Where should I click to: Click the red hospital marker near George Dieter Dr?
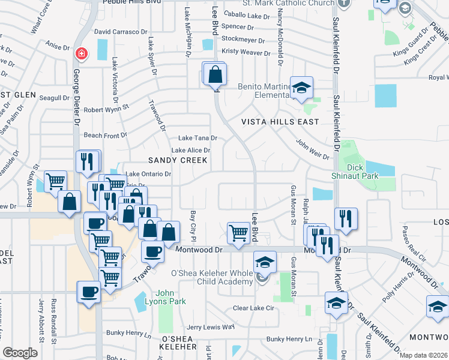pyautogui.click(x=80, y=54)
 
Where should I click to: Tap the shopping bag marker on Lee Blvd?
pyautogui.click(x=215, y=75)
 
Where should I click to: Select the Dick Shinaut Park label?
pyautogui.click(x=355, y=171)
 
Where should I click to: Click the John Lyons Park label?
pyautogui.click(x=170, y=298)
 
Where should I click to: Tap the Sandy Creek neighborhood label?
pyautogui.click(x=178, y=160)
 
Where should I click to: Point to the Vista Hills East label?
pyautogui.click(x=280, y=122)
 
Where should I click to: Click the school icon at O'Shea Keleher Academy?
pyautogui.click(x=265, y=262)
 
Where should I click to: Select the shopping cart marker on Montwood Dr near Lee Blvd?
pyautogui.click(x=239, y=232)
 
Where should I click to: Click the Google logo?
pyautogui.click(x=20, y=353)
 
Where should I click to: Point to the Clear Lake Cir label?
pyautogui.click(x=253, y=308)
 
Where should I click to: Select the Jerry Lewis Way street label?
pyautogui.click(x=210, y=327)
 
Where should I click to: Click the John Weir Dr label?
pyautogui.click(x=312, y=149)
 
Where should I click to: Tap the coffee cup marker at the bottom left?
pyautogui.click(x=89, y=292)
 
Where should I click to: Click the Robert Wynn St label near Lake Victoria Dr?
pyautogui.click(x=106, y=110)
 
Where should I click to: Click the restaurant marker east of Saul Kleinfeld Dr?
pyautogui.click(x=346, y=218)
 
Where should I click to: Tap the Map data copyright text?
pyautogui.click(x=424, y=355)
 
